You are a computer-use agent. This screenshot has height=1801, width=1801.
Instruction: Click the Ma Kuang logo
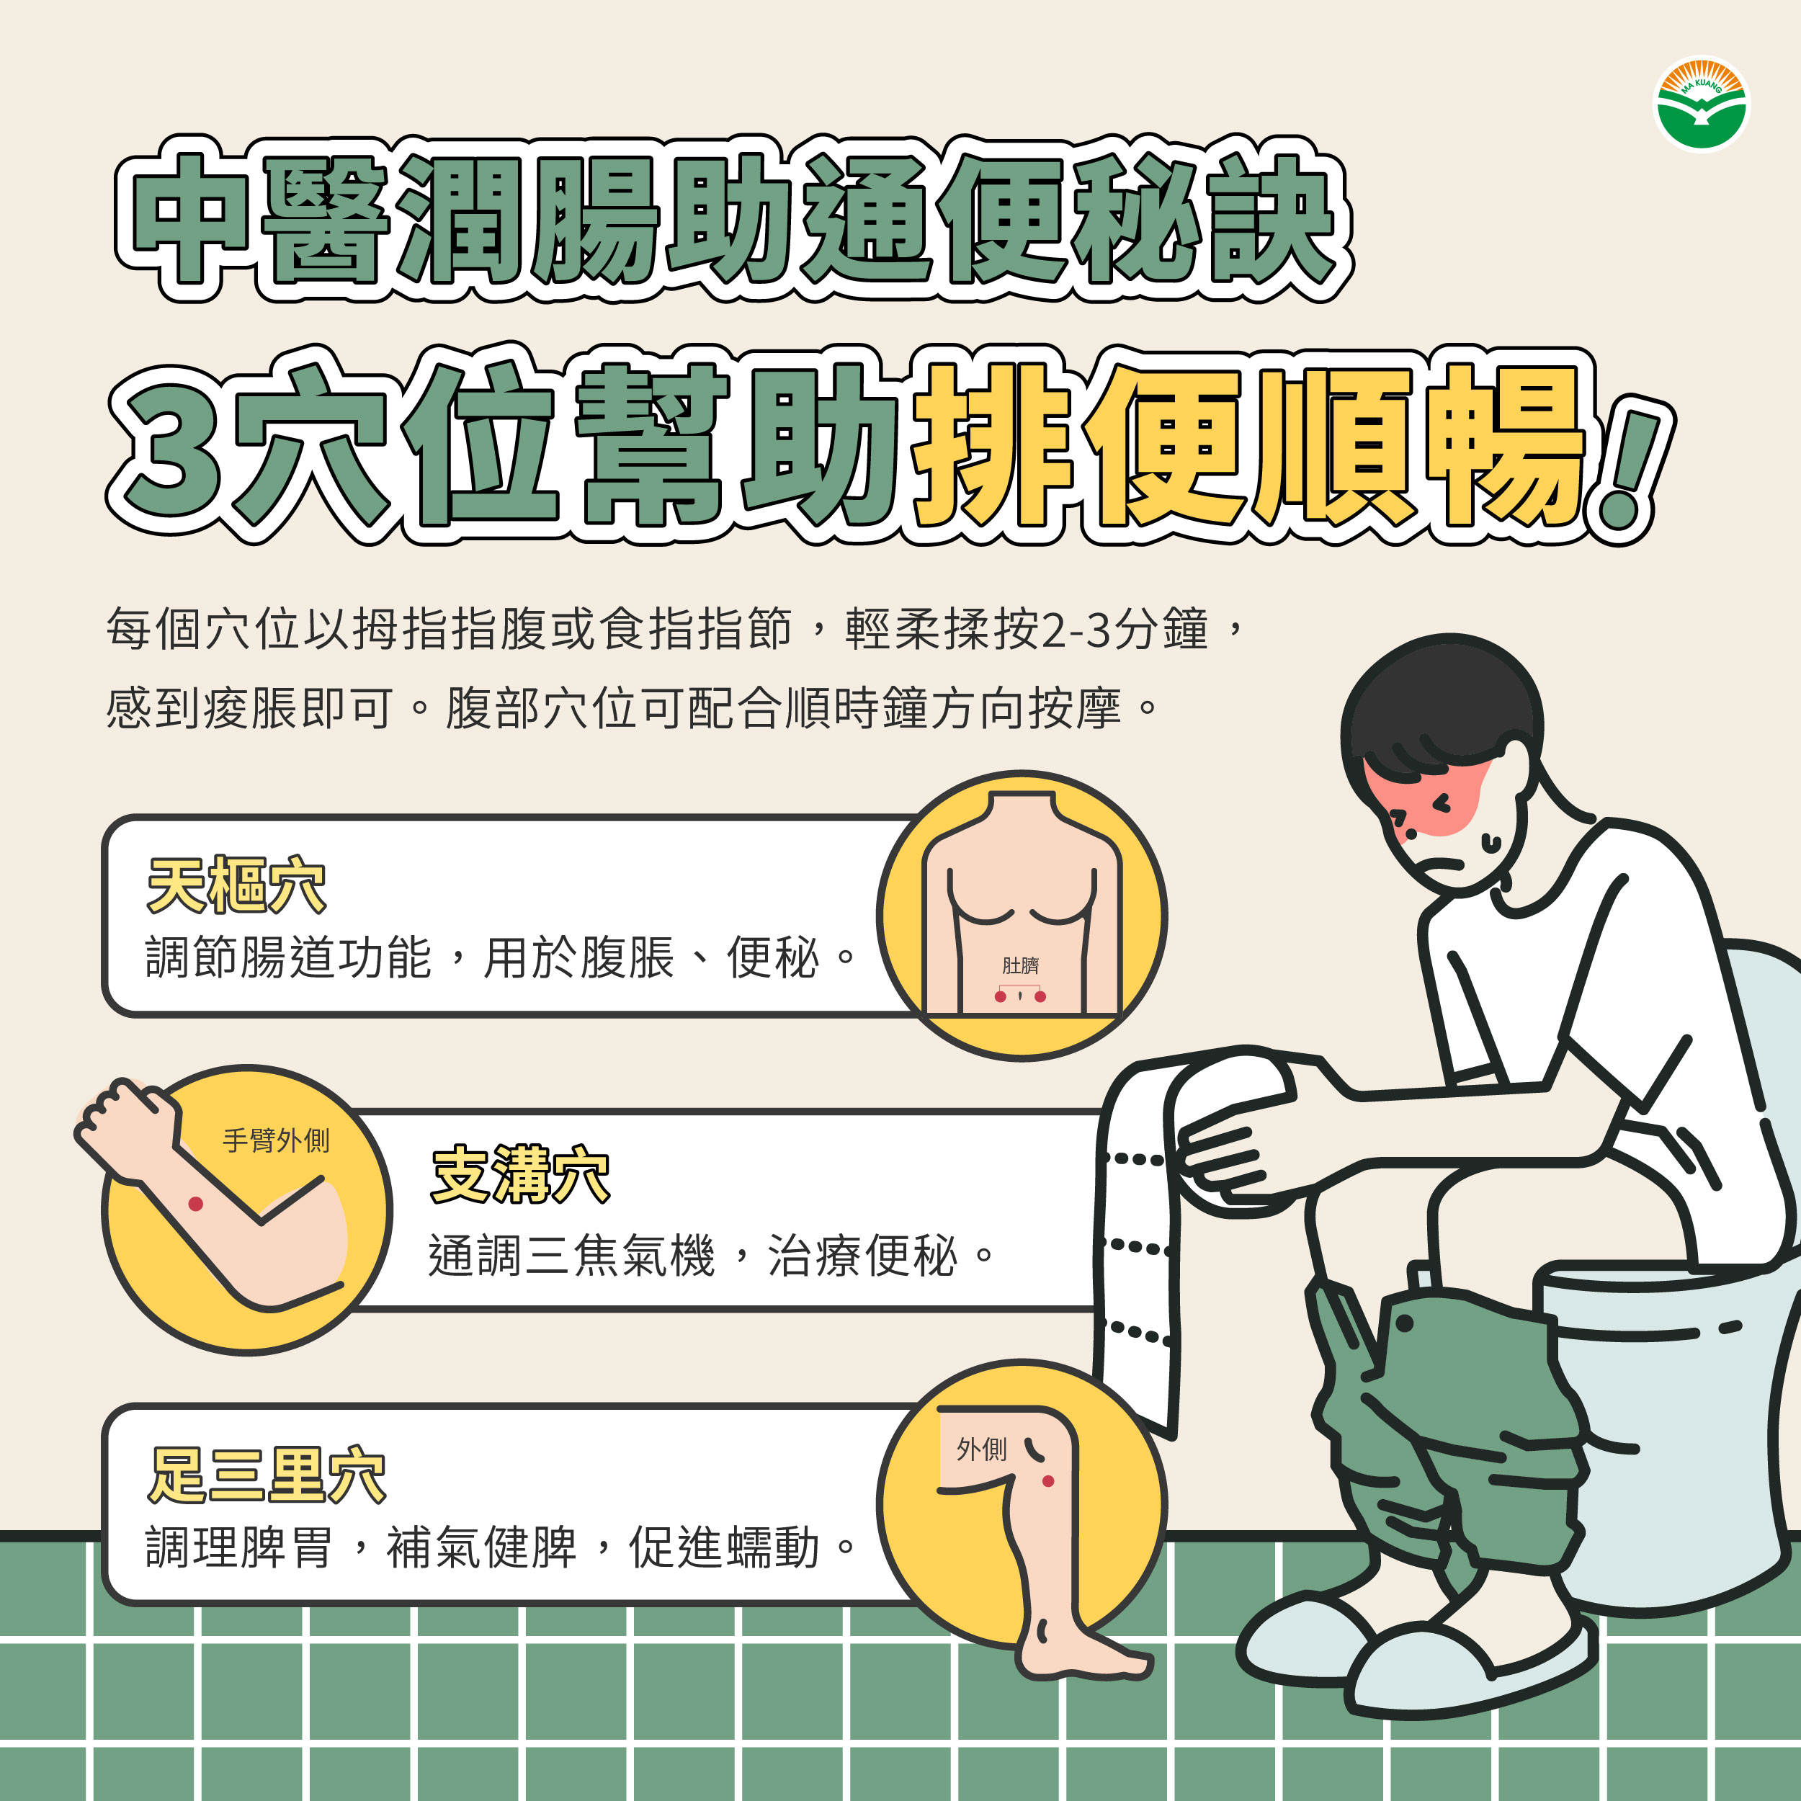pos(1702,104)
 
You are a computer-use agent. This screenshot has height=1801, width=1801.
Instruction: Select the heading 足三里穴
pos(267,1475)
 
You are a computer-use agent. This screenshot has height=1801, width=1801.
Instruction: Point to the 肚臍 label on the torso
pos(1020,965)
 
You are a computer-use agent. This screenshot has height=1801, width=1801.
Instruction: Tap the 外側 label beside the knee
pos(982,1449)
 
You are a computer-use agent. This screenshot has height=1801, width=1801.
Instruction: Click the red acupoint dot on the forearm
pos(196,1204)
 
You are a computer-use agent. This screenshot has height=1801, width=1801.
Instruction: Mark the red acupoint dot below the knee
pos(1047,1481)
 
